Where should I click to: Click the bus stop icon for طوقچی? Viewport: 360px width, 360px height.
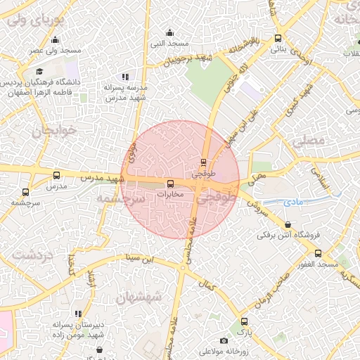(204, 161)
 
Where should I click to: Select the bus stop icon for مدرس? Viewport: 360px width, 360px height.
(56, 176)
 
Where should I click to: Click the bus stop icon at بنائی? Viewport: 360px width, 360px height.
(278, 39)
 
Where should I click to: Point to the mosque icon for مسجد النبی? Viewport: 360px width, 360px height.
(169, 32)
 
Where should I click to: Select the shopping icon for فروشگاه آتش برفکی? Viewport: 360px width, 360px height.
(288, 225)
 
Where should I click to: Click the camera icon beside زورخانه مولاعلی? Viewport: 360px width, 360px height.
(224, 341)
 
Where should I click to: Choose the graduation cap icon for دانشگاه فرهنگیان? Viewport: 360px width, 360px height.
(40, 72)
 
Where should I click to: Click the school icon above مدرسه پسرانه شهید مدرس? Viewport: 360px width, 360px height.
(125, 77)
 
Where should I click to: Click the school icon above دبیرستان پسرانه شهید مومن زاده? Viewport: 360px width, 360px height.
(78, 314)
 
